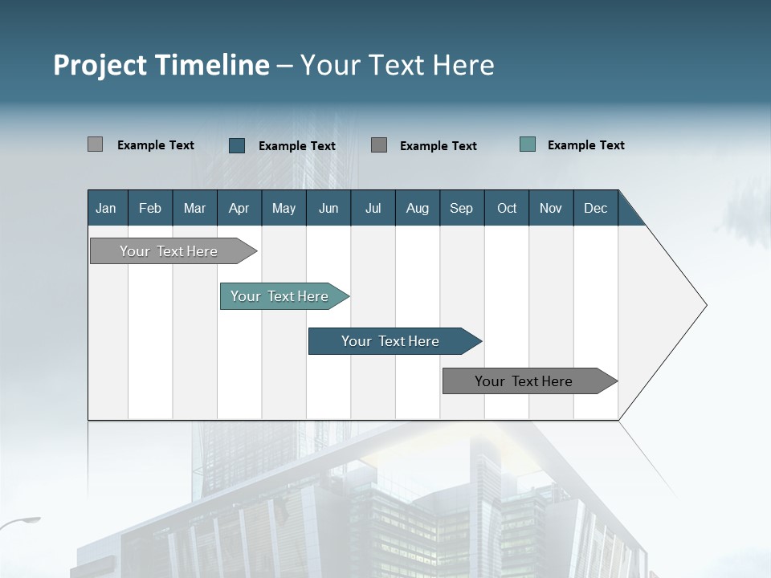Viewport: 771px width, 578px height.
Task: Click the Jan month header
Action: [x=106, y=208]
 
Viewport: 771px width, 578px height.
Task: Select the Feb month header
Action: [x=150, y=208]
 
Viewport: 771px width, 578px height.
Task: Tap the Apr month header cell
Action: [x=239, y=208]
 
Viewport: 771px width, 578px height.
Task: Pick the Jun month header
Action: [x=328, y=208]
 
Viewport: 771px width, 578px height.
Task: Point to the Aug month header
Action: [x=417, y=208]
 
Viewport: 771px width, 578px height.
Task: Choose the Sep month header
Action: [x=461, y=208]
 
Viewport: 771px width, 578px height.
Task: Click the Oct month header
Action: [x=507, y=208]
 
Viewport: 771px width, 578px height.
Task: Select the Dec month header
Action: [x=595, y=208]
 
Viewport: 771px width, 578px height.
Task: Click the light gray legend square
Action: [x=95, y=144]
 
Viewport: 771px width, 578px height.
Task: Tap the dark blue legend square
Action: [x=237, y=145]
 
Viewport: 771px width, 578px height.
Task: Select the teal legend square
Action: [x=528, y=144]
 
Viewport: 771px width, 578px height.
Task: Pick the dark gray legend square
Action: [x=379, y=145]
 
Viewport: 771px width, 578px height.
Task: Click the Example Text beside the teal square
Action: [x=585, y=145]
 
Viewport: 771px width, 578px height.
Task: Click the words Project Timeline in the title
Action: [x=161, y=65]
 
